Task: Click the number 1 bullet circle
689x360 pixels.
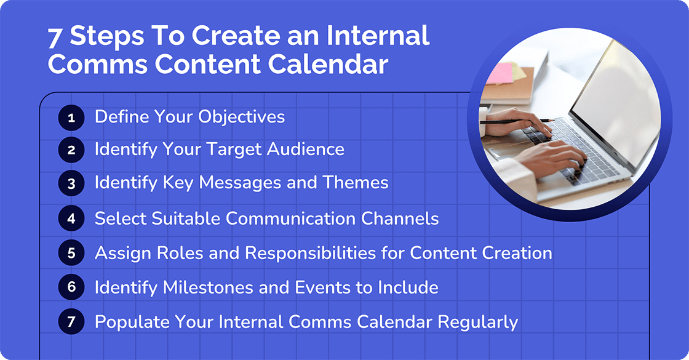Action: (71, 118)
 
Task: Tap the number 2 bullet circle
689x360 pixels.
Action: (71, 150)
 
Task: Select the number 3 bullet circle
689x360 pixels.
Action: (71, 183)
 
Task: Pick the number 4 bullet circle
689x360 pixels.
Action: (71, 218)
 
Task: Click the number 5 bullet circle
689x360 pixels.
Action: (71, 253)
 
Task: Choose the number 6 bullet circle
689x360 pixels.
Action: (71, 287)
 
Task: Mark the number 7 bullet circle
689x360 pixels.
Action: (71, 322)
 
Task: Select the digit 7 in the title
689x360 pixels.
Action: (55, 38)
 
